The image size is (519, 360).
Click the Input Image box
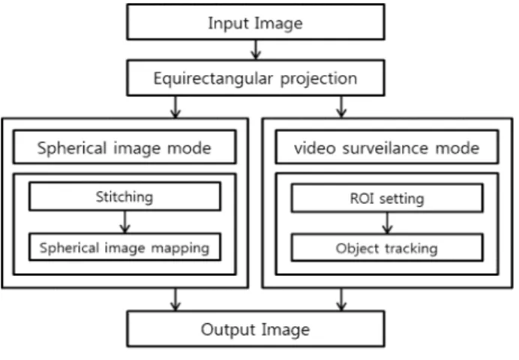[256, 22]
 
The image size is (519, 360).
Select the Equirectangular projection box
[256, 78]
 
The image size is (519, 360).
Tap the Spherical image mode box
[124, 147]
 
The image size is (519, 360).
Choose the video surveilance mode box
[387, 147]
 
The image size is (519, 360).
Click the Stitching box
[124, 196]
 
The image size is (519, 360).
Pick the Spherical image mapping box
[124, 247]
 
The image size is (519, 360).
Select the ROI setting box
[387, 198]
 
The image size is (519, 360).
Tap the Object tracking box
[387, 247]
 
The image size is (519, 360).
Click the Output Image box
[256, 329]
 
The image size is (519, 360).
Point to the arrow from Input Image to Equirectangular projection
[256, 50]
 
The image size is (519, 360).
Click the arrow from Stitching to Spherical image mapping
[124, 222]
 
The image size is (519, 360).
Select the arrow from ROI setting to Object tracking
[387, 223]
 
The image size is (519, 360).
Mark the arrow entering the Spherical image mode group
[175, 107]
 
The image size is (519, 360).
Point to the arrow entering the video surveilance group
[341, 107]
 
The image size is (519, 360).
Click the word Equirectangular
[213, 79]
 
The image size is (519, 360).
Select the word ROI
[362, 199]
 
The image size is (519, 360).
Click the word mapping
[180, 248]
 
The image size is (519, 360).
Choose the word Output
[227, 329]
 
